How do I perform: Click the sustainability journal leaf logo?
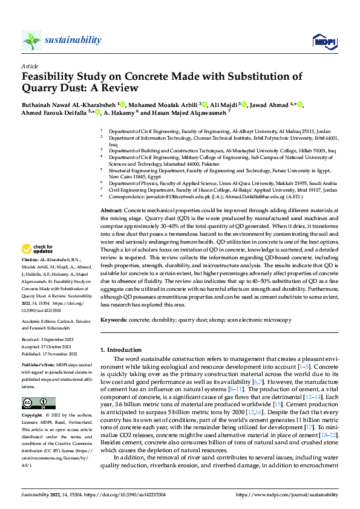[x=31, y=40]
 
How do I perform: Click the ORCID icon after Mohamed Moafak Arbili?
[x=204, y=104]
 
